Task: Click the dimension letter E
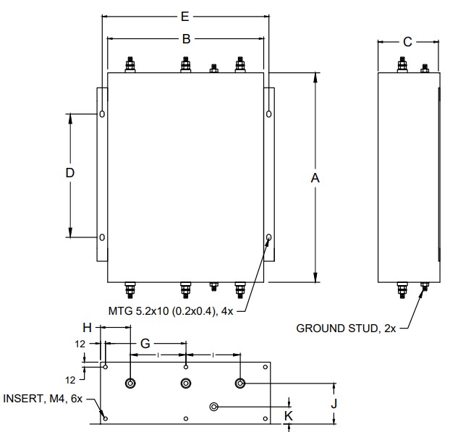184,17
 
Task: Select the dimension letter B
186,39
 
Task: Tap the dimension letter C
407,42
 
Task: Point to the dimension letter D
70,173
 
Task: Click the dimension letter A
315,178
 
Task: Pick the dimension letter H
87,328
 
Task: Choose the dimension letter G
145,344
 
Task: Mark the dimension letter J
334,404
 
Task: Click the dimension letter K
289,416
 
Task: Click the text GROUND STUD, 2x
346,329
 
